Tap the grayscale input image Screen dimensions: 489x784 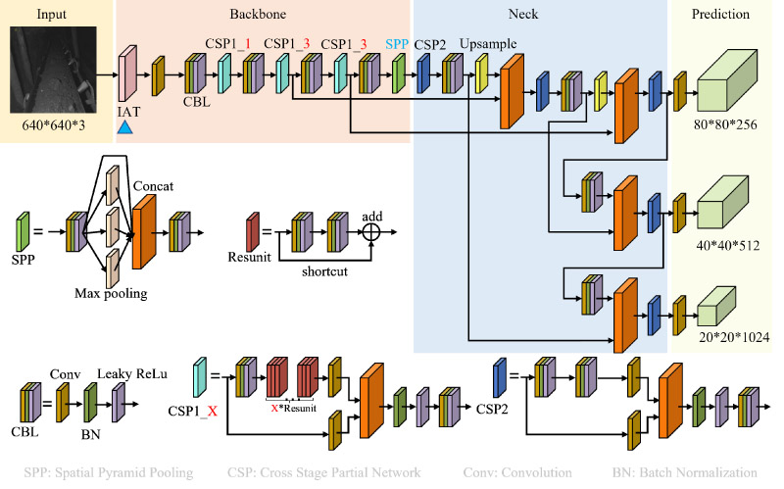pyautogui.click(x=58, y=71)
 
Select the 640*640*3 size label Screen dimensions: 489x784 pyautogui.click(x=58, y=125)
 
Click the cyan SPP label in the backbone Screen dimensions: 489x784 pyautogui.click(x=397, y=44)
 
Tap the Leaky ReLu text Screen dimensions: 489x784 pyautogui.click(x=128, y=372)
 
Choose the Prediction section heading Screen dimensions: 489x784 pyautogui.click(x=720, y=14)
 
